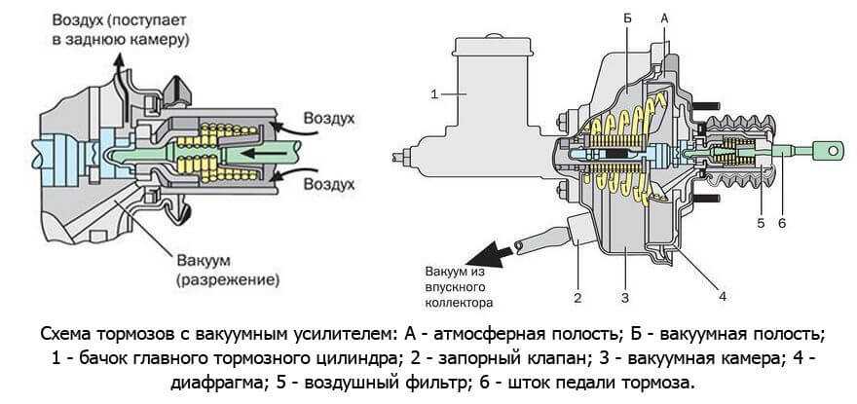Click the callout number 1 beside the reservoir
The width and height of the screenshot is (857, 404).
point(435,93)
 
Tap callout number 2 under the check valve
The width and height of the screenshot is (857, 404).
point(577,298)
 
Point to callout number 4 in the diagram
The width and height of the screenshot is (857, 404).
point(722,294)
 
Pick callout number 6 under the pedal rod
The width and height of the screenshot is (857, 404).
point(781,223)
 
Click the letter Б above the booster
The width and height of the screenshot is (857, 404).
point(627,18)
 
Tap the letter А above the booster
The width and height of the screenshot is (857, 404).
point(665,18)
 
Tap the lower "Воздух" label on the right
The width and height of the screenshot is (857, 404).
point(328,182)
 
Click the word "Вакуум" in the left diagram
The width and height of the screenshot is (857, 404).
point(203,260)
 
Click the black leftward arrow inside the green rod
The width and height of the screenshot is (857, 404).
point(255,154)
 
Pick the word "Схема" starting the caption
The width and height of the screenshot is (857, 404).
point(65,334)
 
